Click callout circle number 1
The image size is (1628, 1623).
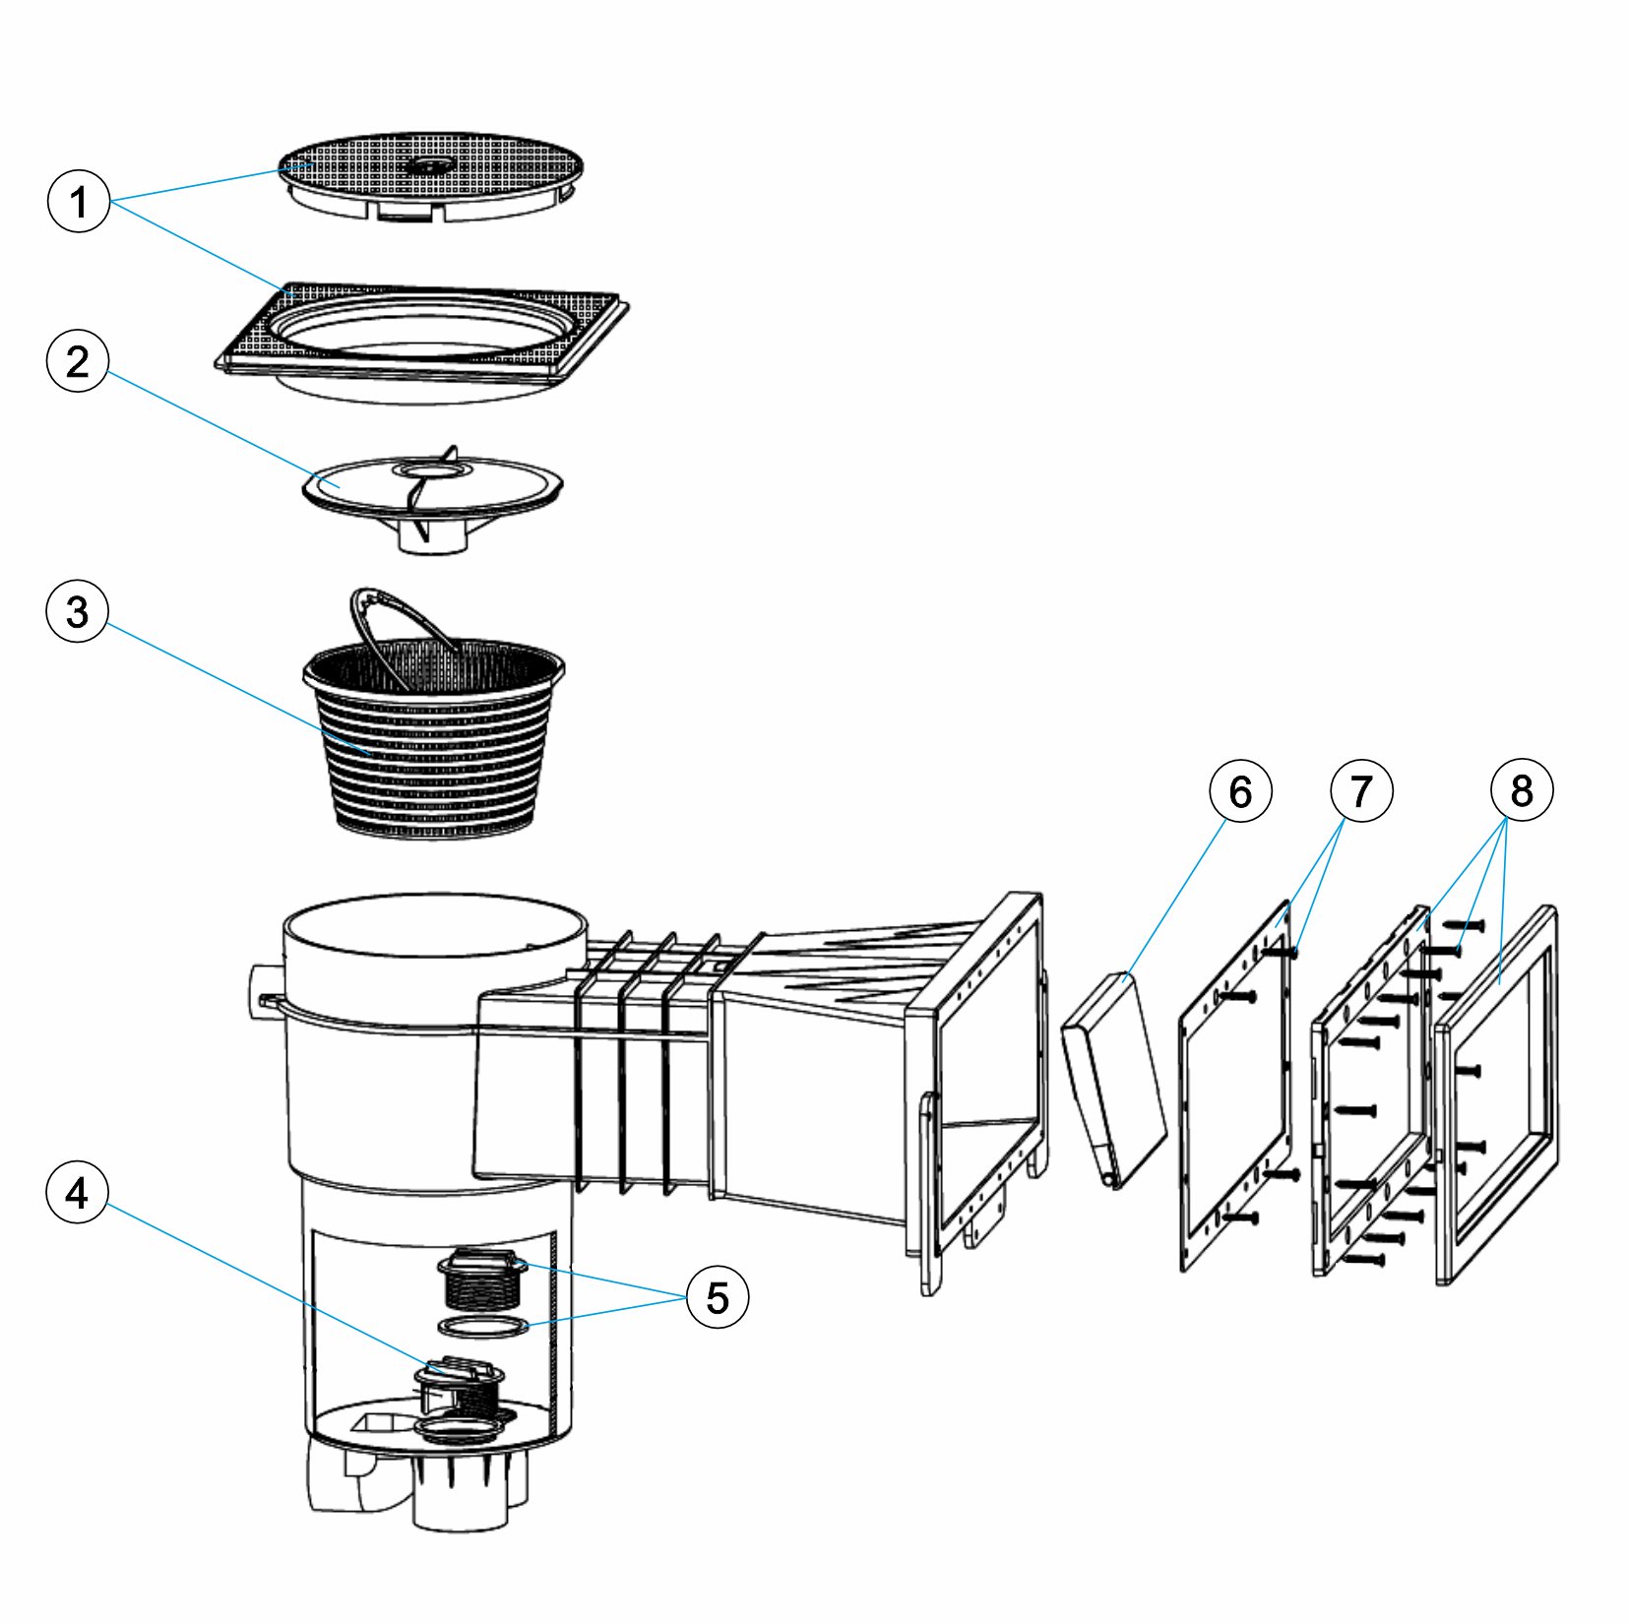(79, 202)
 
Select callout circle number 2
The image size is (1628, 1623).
(78, 362)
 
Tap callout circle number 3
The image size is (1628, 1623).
(78, 611)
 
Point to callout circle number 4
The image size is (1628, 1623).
(78, 1193)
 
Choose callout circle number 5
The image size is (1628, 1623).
(718, 1297)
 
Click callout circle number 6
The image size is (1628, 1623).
(1240, 790)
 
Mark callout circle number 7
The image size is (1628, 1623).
(1361, 790)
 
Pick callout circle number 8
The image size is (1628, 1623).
(1522, 790)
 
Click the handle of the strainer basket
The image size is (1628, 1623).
(394, 615)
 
